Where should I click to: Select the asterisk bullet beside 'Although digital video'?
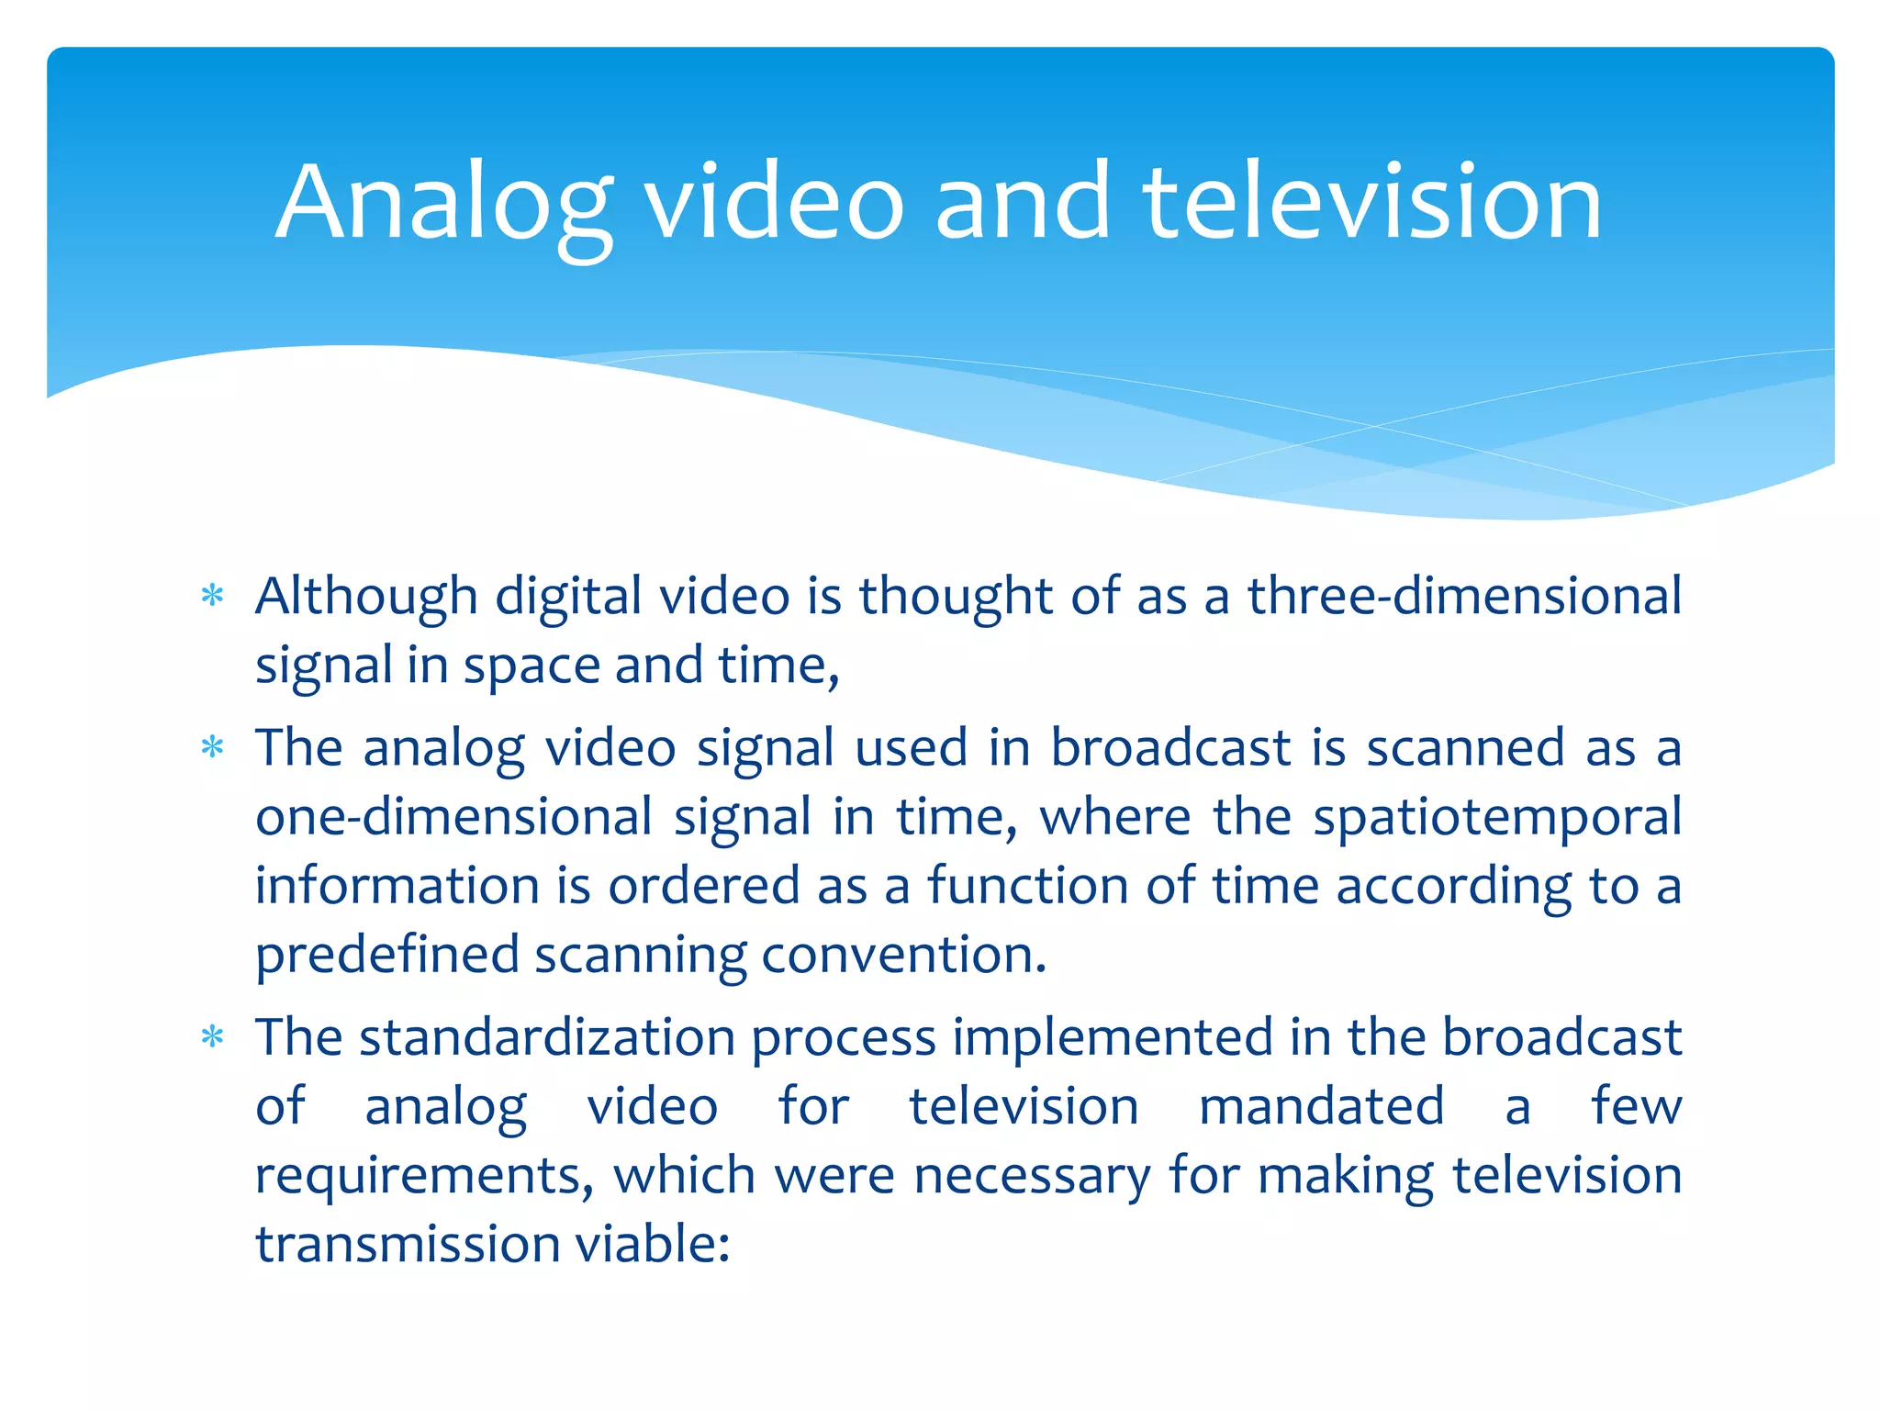coord(213,597)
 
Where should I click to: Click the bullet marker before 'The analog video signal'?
coord(213,748)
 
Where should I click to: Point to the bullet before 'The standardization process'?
coord(213,1038)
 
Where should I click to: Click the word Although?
coord(366,597)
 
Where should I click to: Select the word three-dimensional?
coord(1464,597)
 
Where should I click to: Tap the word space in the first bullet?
coord(531,666)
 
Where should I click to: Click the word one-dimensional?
coord(453,817)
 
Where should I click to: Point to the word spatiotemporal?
coord(1497,817)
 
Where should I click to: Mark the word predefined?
coord(386,957)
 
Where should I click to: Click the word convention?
coord(903,957)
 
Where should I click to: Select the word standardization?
coord(547,1038)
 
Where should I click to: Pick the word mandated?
coord(1321,1107)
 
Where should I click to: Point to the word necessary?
coord(1032,1177)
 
